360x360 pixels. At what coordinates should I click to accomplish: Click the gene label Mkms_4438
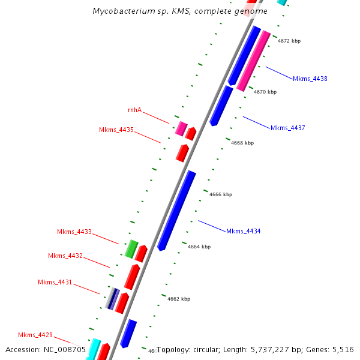(x=310, y=79)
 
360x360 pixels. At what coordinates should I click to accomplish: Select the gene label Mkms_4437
(x=287, y=128)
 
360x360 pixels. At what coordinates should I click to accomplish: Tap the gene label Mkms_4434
(x=243, y=231)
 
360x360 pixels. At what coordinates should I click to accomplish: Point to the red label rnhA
(x=134, y=110)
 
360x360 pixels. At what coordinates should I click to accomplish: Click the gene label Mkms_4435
(x=116, y=130)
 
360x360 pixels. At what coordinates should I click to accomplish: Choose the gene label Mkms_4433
(x=74, y=232)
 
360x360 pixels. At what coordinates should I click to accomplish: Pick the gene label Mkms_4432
(x=65, y=256)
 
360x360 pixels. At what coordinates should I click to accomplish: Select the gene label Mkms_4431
(x=55, y=282)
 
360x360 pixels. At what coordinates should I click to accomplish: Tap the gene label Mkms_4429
(x=35, y=335)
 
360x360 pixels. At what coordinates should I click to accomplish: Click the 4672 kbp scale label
(x=289, y=41)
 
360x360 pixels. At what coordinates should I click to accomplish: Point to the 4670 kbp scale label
(x=265, y=92)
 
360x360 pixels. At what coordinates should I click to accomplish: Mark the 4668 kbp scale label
(x=242, y=143)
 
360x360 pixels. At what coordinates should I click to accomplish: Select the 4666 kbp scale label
(x=221, y=194)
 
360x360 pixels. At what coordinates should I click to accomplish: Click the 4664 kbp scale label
(x=199, y=247)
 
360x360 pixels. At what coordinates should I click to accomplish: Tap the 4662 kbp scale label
(x=179, y=299)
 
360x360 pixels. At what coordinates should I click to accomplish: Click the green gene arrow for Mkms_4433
(x=131, y=248)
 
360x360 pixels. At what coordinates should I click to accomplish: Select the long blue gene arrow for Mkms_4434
(x=177, y=210)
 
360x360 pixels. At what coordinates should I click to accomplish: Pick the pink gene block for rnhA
(x=181, y=128)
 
